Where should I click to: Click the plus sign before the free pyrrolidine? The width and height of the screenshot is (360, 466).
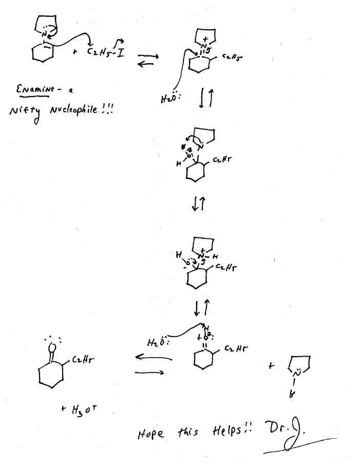point(272,366)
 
